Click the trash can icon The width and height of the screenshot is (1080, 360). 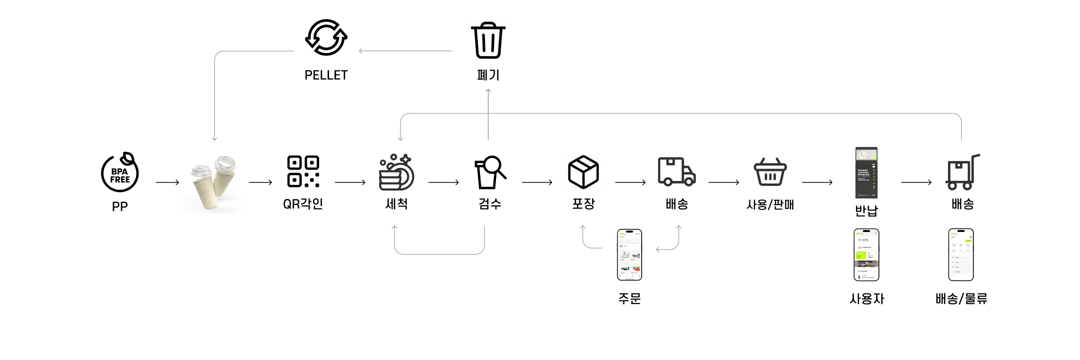(x=487, y=40)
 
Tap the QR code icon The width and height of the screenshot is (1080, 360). (x=304, y=172)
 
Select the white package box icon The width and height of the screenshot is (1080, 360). (x=583, y=172)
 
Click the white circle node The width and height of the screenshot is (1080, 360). (x=492, y=165)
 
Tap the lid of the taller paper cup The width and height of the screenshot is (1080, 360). (x=224, y=162)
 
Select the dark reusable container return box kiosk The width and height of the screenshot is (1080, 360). (x=865, y=172)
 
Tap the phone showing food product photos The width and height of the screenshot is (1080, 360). (x=629, y=255)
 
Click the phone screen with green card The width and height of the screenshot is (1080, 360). (x=865, y=255)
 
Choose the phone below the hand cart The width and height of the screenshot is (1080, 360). (x=961, y=255)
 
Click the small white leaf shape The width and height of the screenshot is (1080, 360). (x=129, y=157)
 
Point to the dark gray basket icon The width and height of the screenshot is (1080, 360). (x=770, y=173)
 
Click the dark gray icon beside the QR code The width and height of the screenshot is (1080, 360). (x=395, y=173)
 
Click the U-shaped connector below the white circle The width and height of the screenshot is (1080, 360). (x=439, y=253)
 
